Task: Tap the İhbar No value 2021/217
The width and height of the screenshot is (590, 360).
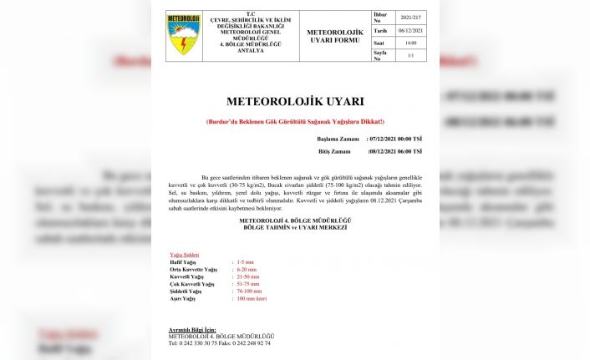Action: pos(411,16)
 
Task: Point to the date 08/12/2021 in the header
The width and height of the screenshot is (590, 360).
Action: pos(411,29)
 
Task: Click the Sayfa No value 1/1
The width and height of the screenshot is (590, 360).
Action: pos(411,56)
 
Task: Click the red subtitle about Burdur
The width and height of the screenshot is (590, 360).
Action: pos(295,122)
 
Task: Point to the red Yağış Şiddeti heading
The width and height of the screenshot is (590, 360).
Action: pos(184,255)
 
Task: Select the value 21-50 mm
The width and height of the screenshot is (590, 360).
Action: pos(247,276)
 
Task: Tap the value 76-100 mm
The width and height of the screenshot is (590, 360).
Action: pos(248,291)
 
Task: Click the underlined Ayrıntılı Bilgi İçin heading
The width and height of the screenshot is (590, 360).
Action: pos(193,330)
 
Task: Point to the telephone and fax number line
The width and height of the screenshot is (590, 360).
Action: pos(219,343)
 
